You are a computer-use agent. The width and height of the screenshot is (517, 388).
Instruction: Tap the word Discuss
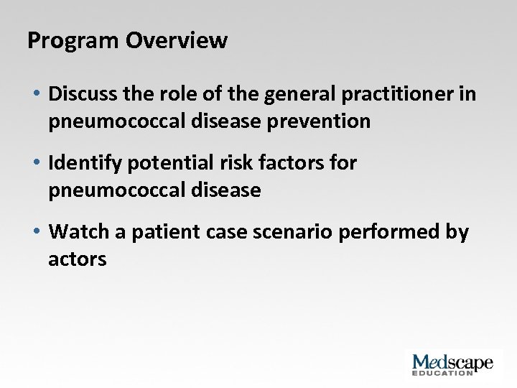pyautogui.click(x=83, y=95)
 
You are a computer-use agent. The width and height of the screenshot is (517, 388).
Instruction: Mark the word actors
pyautogui.click(x=77, y=259)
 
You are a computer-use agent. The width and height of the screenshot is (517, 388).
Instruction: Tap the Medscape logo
pyautogui.click(x=452, y=362)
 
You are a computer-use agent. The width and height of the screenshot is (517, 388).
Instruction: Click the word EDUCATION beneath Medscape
pyautogui.click(x=442, y=373)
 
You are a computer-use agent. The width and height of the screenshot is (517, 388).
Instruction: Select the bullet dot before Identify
pyautogui.click(x=35, y=164)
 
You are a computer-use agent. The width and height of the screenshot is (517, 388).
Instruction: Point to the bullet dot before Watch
pyautogui.click(x=35, y=233)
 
